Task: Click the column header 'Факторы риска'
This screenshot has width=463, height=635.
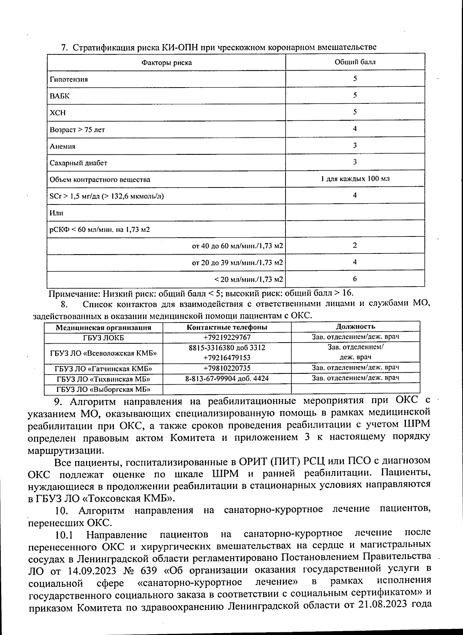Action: [x=166, y=62]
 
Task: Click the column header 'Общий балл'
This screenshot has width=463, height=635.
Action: [x=355, y=62]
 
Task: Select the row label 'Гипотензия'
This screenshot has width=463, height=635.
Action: [x=69, y=79]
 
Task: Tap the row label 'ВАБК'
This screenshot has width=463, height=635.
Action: [x=60, y=96]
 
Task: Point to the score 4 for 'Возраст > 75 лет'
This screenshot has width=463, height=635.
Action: [x=355, y=128]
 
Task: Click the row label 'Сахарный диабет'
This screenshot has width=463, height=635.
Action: [x=78, y=163]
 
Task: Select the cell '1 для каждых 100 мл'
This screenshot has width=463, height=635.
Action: [x=355, y=179]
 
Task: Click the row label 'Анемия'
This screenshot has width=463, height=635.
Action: [x=63, y=147]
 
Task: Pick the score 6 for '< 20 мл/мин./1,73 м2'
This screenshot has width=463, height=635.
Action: [x=355, y=279]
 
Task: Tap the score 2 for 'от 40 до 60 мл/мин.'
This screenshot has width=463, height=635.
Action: [x=355, y=245]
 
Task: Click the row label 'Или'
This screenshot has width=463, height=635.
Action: [x=56, y=213]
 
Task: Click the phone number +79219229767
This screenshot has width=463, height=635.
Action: [x=227, y=337]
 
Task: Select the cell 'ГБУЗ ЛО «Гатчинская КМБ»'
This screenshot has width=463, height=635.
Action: [x=103, y=368]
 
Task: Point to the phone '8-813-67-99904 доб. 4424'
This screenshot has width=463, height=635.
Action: [x=227, y=378]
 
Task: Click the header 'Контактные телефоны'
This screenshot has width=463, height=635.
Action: [x=227, y=327]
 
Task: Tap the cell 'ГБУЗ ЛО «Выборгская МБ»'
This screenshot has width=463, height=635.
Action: [x=103, y=389]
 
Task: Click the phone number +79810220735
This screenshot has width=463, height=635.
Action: [x=227, y=368]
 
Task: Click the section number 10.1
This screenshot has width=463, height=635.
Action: [x=64, y=535]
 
